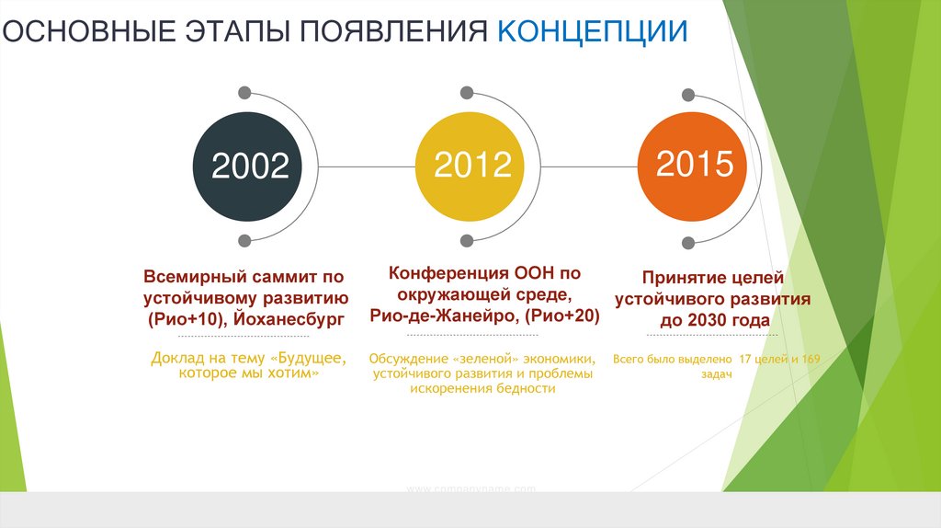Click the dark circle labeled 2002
[x=250, y=166]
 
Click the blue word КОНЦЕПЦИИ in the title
[x=593, y=30]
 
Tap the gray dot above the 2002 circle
[x=244, y=92]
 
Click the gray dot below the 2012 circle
[x=467, y=241]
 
